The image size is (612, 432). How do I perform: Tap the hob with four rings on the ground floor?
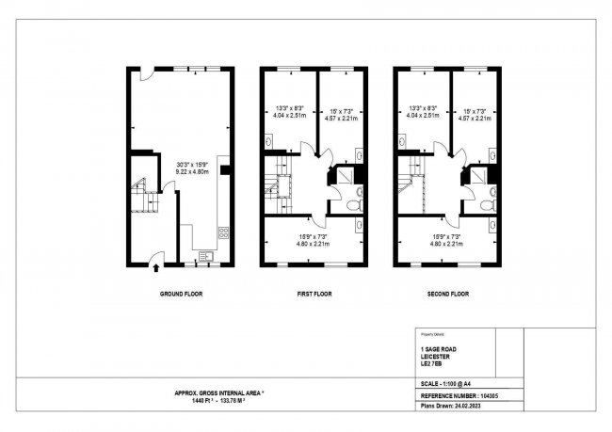coord(222,232)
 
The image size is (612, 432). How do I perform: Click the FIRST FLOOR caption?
coord(314,294)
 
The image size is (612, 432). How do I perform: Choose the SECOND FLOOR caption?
coord(447,294)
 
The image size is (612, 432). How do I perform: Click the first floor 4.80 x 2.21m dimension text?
coord(314,244)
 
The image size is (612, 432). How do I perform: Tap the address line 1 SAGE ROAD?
coord(442,348)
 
